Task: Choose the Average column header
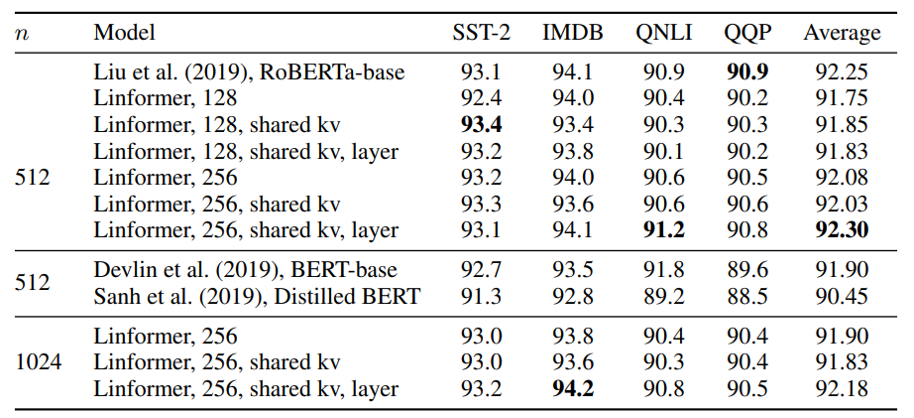click(x=842, y=33)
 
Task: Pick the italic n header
click(x=22, y=33)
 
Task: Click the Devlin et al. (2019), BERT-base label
click(x=246, y=270)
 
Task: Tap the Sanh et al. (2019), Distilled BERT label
click(x=257, y=296)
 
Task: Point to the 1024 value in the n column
click(x=39, y=362)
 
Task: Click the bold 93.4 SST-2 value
click(x=481, y=125)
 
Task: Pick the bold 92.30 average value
click(x=842, y=230)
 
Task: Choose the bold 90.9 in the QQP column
click(x=747, y=72)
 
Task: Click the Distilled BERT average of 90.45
click(x=842, y=296)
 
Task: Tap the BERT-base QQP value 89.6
click(x=747, y=270)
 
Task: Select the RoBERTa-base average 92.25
click(x=842, y=72)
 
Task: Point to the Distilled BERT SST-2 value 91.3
click(x=481, y=296)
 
